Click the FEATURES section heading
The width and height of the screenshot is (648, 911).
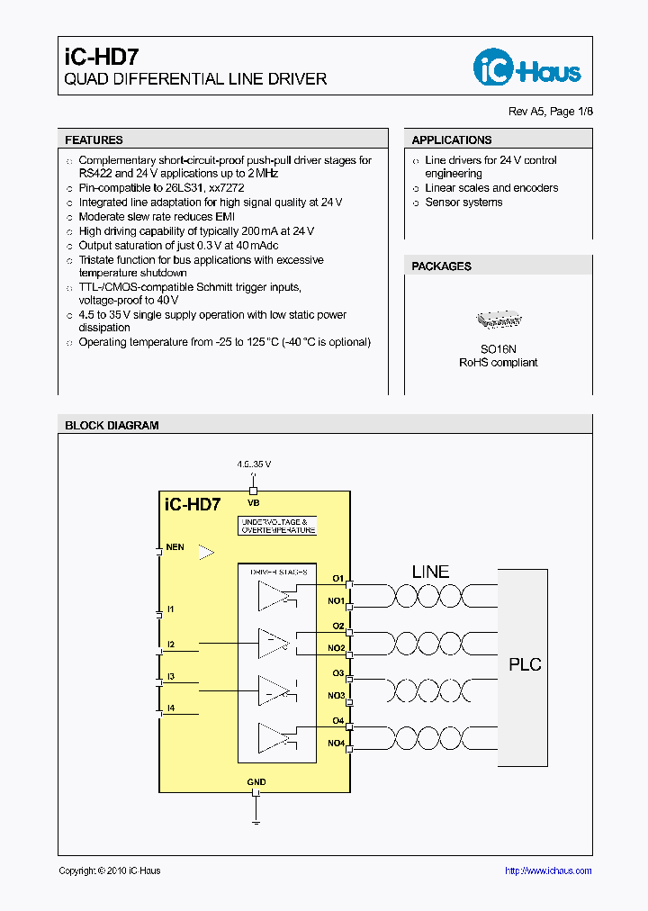point(94,140)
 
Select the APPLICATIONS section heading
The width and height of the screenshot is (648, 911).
point(451,140)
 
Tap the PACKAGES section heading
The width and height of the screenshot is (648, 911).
point(441,266)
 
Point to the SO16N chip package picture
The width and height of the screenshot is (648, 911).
point(498,320)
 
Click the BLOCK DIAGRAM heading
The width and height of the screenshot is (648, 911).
point(112,426)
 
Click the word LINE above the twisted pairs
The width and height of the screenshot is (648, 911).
point(430,572)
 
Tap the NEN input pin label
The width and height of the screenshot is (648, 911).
point(175,547)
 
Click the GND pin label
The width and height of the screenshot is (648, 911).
point(256,782)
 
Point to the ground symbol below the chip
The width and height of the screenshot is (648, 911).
point(256,820)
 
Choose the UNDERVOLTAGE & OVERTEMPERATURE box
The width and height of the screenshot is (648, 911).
point(278,527)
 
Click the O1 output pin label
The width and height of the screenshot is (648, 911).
point(338,578)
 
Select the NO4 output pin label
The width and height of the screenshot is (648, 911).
point(336,743)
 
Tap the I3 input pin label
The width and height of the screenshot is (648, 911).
point(170,676)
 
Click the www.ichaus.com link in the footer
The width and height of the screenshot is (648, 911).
point(548,870)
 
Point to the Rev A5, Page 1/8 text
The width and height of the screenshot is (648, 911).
point(551,112)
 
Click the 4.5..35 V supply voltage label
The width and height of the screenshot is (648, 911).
point(254,465)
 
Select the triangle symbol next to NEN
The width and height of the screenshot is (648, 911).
point(206,553)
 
